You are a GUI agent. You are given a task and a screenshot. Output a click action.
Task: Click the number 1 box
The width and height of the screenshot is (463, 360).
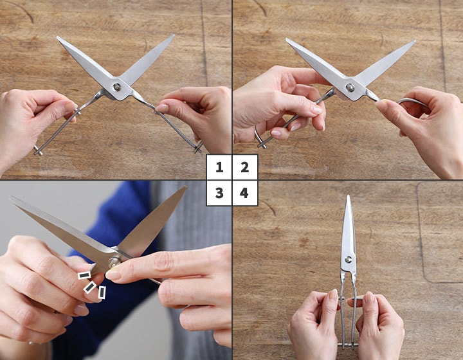(219, 167)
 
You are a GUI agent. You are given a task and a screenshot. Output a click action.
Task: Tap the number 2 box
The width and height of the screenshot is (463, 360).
(245, 167)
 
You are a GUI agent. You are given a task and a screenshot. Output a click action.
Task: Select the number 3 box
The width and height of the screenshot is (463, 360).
(219, 193)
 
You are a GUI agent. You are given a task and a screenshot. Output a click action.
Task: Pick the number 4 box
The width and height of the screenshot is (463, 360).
(245, 193)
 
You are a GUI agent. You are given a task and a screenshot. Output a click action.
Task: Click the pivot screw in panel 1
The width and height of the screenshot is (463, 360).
(117, 87)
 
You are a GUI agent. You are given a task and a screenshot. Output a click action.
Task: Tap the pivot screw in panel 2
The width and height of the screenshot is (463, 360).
(350, 87)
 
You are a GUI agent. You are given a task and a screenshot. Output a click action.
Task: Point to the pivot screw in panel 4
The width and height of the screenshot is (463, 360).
(348, 260)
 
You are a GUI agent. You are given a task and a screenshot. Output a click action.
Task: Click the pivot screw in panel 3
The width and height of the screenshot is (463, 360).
(113, 262)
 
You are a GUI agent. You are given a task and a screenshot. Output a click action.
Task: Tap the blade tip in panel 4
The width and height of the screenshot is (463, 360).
(349, 196)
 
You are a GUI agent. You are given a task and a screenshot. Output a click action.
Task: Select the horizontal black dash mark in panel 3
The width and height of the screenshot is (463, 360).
(84, 275)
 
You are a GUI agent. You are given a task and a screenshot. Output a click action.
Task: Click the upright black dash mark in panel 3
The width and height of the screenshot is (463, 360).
(102, 292)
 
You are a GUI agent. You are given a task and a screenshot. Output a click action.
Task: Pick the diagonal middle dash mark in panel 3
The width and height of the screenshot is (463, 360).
(90, 287)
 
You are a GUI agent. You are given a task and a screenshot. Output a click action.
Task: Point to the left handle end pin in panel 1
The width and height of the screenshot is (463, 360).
(38, 150)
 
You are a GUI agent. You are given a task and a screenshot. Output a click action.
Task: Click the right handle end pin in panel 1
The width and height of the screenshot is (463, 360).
(197, 147)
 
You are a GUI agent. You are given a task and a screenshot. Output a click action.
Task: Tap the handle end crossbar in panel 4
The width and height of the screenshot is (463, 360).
(348, 345)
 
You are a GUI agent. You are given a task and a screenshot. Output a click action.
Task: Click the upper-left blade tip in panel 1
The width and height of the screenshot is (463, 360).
(58, 37)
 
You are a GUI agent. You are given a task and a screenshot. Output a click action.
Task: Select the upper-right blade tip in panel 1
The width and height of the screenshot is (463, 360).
(174, 36)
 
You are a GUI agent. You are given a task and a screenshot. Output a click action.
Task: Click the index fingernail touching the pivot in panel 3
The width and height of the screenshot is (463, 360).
(113, 274)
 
